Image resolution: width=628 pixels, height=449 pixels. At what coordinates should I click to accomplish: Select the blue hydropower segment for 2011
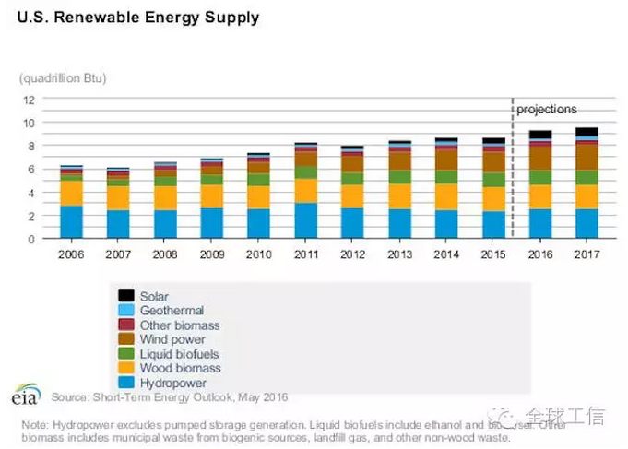(306, 221)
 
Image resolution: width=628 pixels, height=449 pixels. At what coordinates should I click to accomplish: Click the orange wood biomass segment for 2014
(446, 196)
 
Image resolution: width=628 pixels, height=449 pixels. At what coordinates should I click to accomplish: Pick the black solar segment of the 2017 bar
(587, 132)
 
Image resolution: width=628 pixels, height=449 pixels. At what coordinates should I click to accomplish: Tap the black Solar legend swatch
(126, 296)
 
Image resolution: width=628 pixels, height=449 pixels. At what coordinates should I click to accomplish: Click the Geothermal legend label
(172, 311)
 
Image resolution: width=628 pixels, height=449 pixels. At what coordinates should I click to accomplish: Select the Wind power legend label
(172, 339)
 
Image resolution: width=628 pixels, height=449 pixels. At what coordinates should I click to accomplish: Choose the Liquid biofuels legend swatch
(126, 354)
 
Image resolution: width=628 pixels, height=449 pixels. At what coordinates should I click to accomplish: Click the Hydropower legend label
(173, 383)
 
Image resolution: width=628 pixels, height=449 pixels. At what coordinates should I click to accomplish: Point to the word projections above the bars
(546, 110)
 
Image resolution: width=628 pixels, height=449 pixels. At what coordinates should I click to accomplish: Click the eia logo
(25, 395)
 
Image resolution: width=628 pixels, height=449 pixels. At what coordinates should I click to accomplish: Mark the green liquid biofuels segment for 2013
(399, 177)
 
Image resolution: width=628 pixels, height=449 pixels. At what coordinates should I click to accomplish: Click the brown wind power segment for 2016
(539, 158)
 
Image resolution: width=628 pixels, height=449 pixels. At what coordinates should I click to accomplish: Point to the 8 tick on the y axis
(30, 146)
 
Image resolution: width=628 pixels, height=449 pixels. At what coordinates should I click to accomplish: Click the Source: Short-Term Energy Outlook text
(170, 397)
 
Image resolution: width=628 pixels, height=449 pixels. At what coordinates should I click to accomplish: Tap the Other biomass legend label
(180, 325)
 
